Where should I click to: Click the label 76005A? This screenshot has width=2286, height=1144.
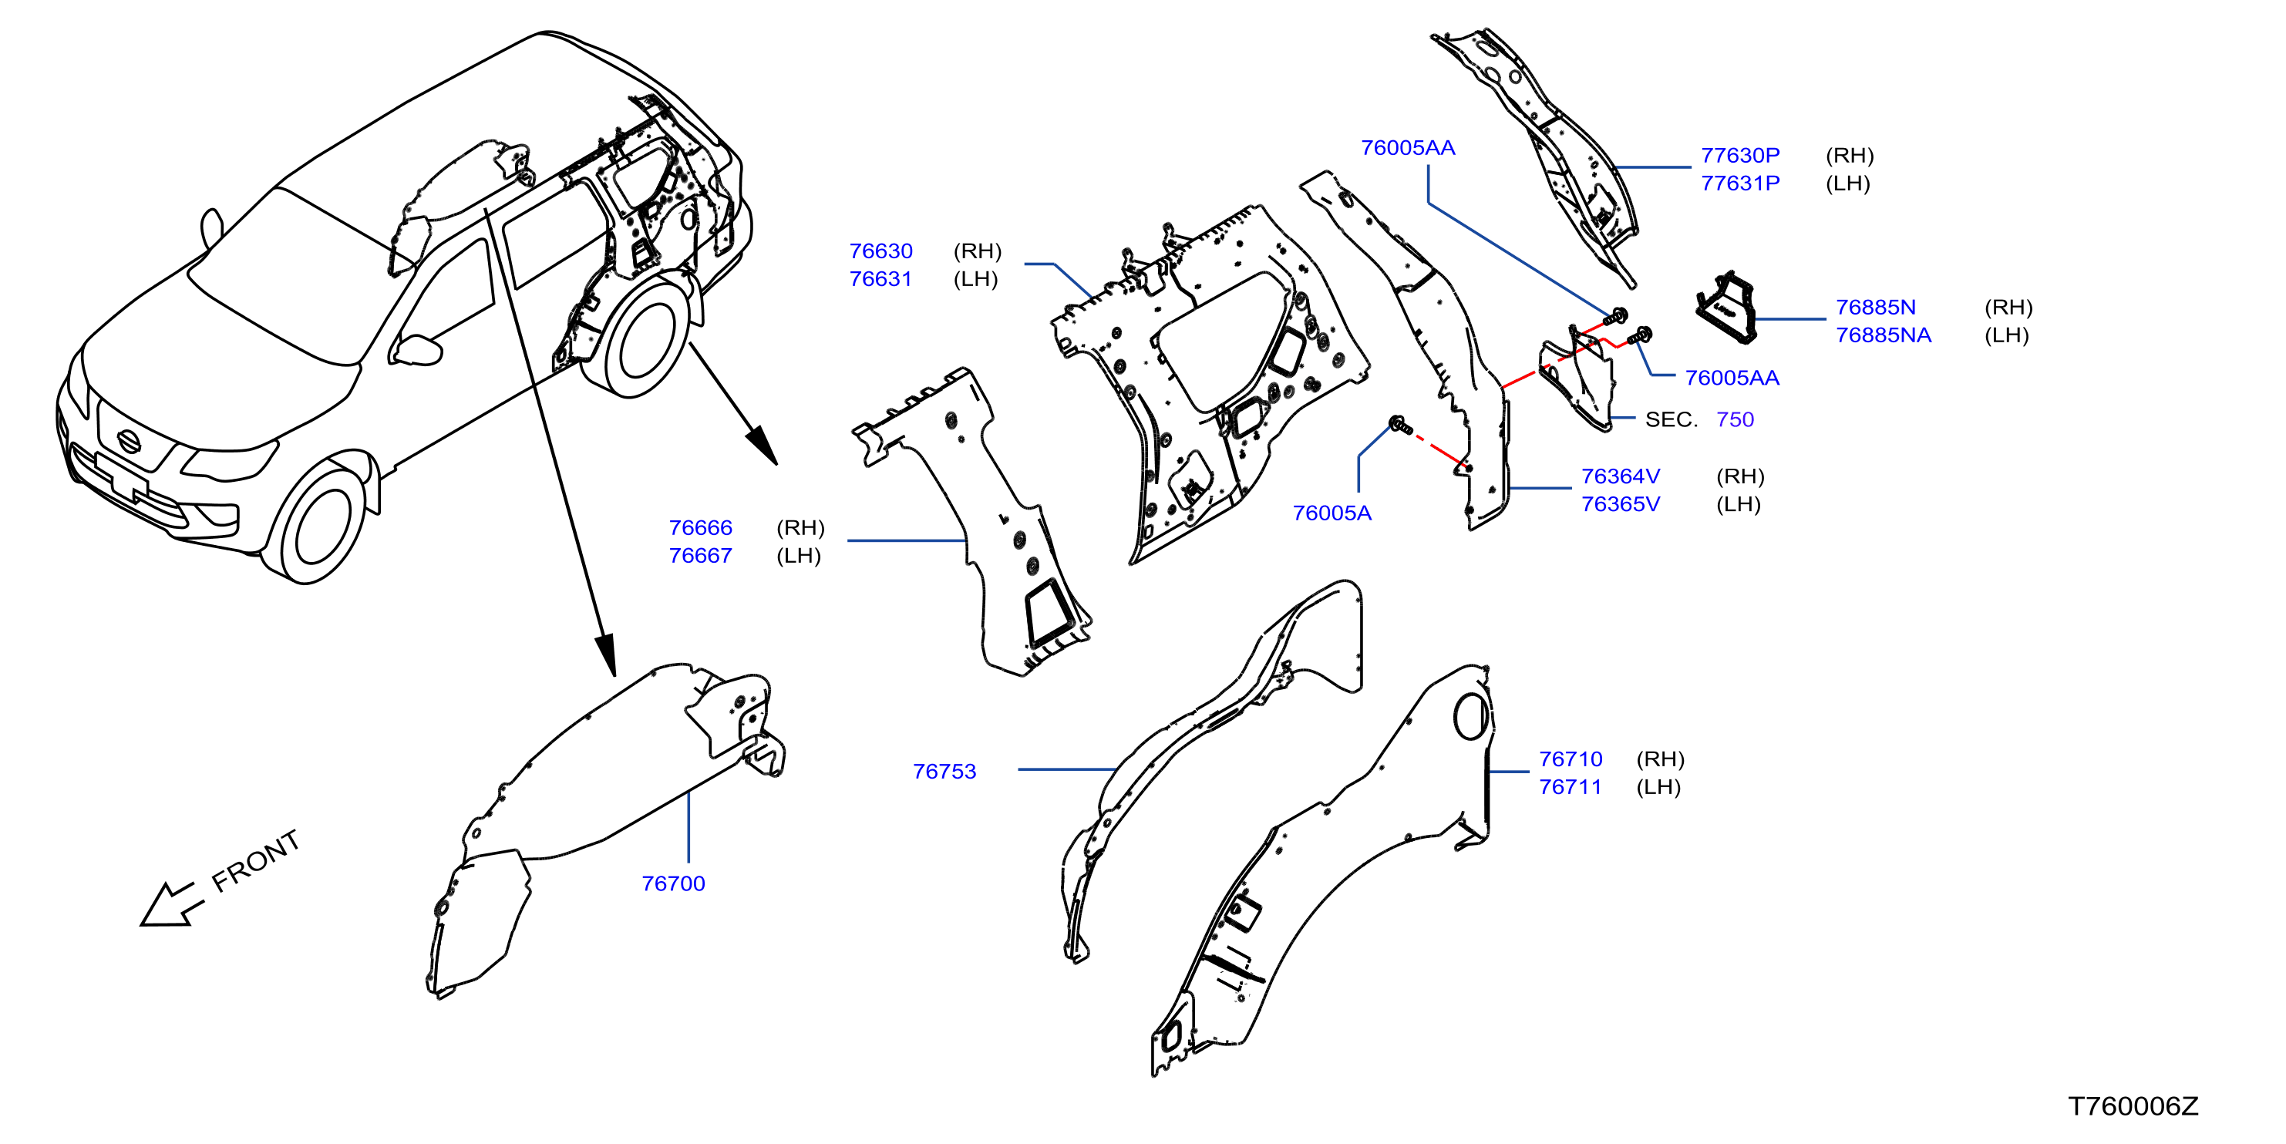[1332, 513]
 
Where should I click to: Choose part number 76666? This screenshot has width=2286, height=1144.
[700, 527]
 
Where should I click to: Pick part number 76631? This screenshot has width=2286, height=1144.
[880, 279]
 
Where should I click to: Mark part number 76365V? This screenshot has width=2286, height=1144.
[1621, 504]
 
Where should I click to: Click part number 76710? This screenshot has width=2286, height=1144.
[1571, 759]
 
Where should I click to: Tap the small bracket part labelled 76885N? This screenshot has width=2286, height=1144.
[1726, 307]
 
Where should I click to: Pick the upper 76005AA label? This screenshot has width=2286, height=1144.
[1409, 147]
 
